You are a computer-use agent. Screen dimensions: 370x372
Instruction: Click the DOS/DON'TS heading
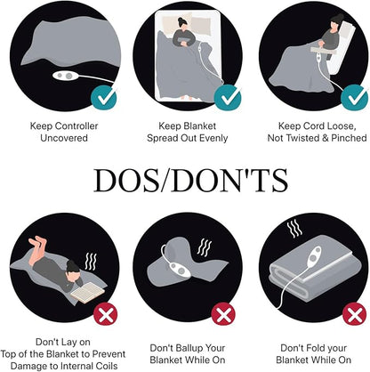coord(190,181)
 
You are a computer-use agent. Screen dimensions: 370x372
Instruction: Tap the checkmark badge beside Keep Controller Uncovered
coord(104,97)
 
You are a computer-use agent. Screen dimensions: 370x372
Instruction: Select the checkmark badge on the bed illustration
coord(228,97)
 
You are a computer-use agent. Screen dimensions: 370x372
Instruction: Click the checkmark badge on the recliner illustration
coord(354,97)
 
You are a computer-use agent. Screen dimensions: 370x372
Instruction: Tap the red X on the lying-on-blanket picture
coord(106,315)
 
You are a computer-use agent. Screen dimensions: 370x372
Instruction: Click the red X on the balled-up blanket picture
coord(223,315)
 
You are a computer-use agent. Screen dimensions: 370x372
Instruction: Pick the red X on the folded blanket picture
coord(355,315)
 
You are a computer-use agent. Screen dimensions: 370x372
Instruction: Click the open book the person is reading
coord(87,293)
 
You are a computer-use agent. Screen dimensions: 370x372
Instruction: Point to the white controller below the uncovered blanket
coord(66,76)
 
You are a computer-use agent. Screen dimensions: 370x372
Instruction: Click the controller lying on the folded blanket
coord(314,258)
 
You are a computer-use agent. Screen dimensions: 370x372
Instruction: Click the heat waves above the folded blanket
coord(294,229)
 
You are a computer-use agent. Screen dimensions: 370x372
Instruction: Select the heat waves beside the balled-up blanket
coord(205,247)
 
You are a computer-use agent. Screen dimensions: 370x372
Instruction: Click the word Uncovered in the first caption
coord(64,138)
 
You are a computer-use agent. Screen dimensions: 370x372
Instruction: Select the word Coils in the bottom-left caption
coord(107,366)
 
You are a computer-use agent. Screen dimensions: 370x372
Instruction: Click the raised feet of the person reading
coord(38,242)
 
